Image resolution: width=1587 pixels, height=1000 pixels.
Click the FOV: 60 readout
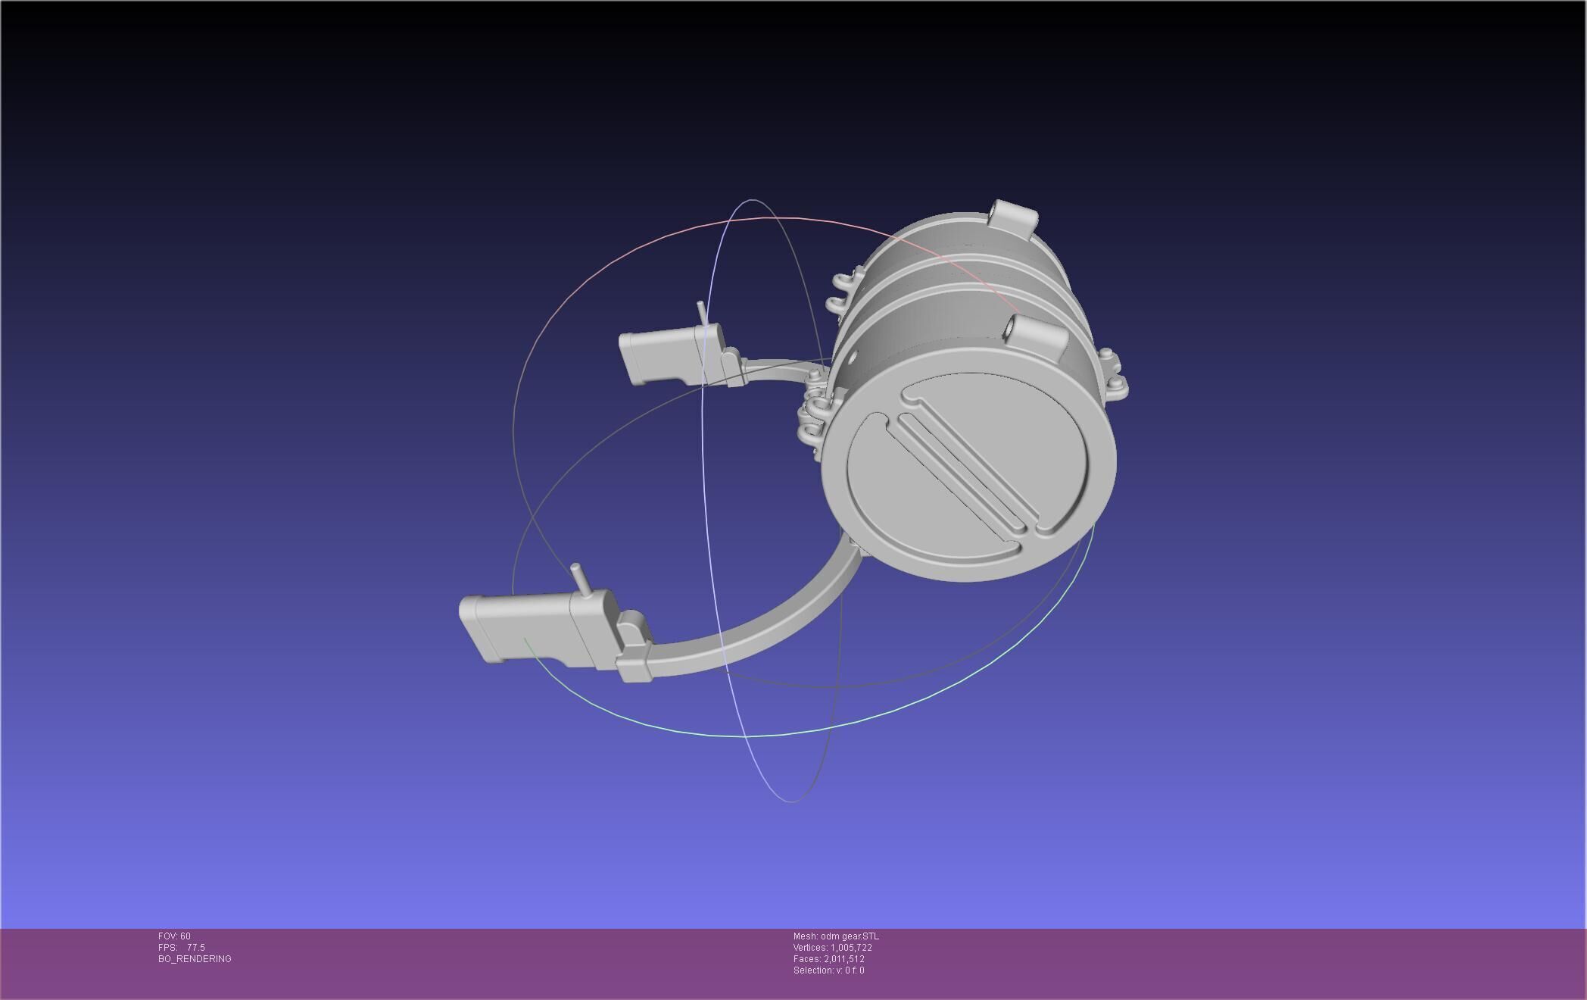tap(174, 936)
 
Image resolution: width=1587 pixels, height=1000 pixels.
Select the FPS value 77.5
tap(195, 948)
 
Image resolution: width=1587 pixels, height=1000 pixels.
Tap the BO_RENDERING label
tap(195, 959)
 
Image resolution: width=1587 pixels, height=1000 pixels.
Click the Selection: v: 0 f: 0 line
tap(828, 970)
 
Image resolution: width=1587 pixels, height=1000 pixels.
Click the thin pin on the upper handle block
tap(701, 312)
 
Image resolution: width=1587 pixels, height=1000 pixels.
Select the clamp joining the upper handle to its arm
tap(731, 367)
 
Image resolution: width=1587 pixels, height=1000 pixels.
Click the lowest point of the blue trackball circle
tap(790, 801)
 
